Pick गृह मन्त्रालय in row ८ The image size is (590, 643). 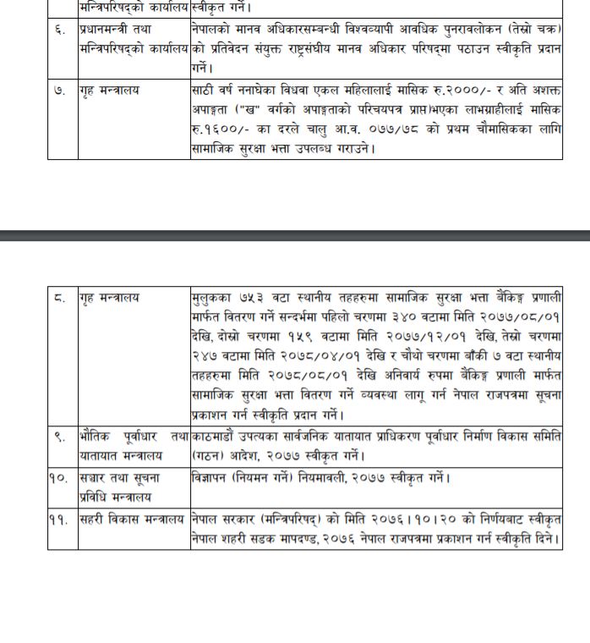pyautogui.click(x=109, y=298)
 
